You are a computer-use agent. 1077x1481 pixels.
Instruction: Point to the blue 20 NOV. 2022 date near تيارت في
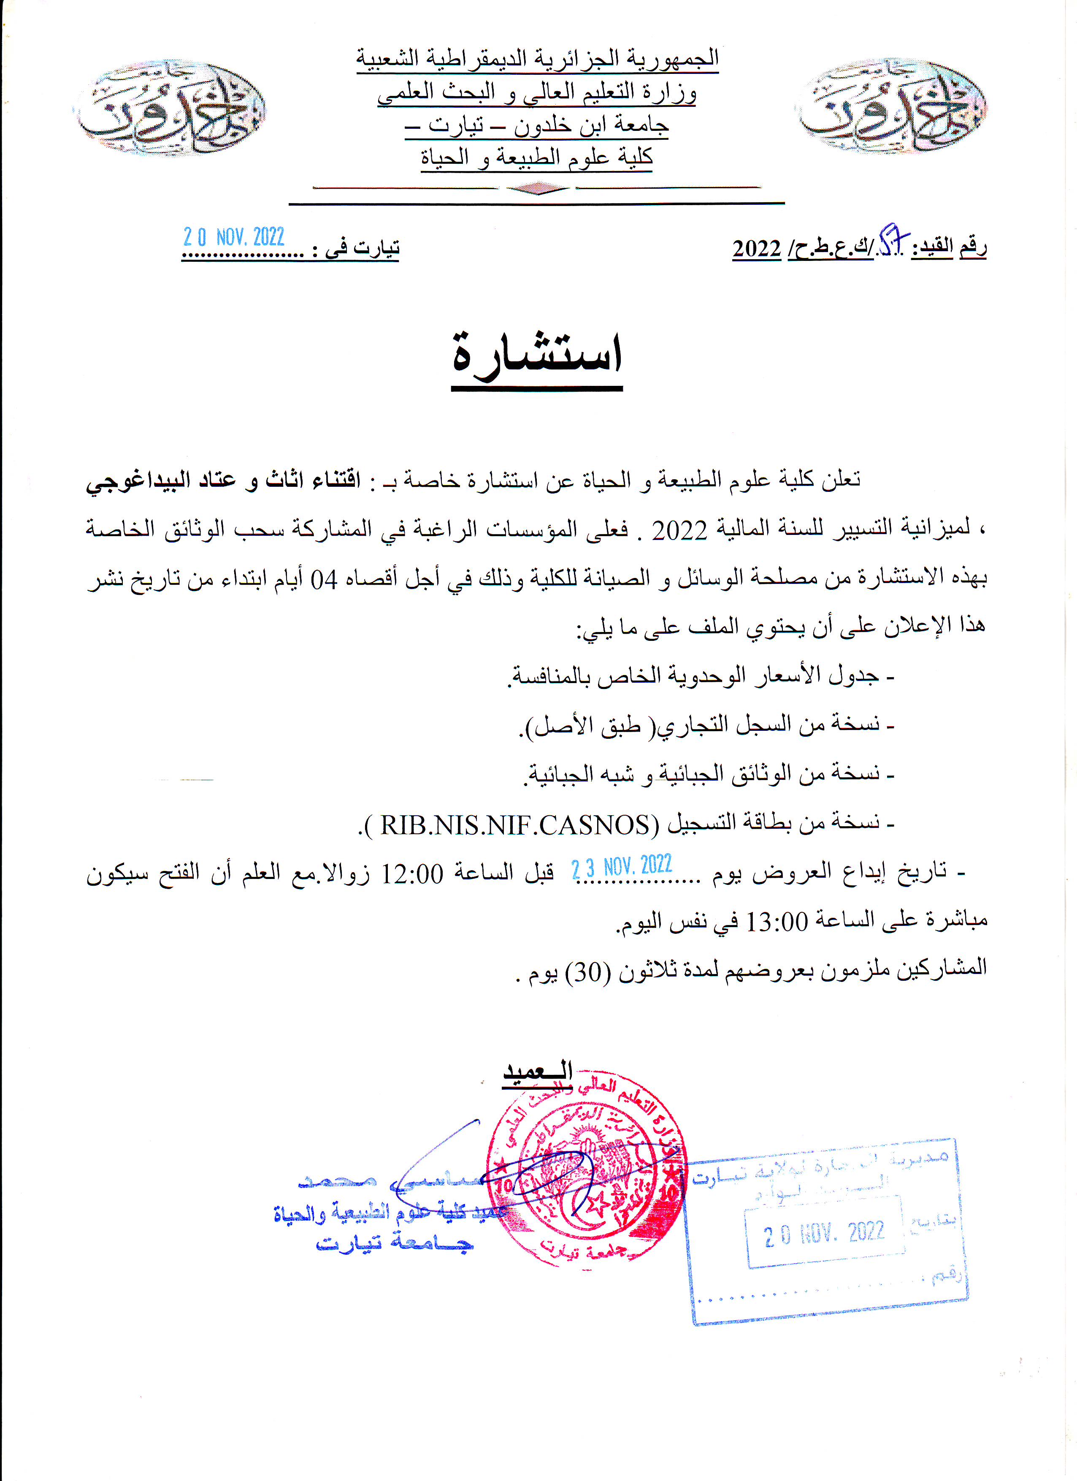click(234, 237)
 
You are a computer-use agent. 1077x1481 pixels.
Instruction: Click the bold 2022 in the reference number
click(757, 249)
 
